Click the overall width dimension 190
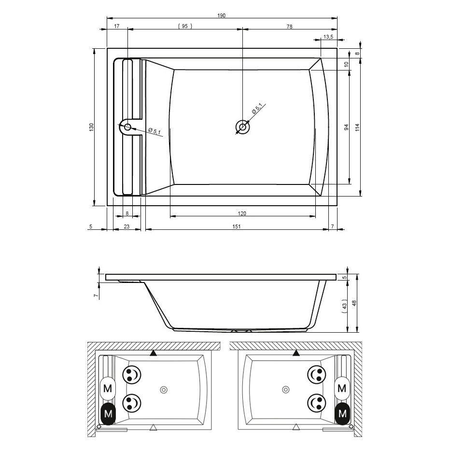[x=222, y=15]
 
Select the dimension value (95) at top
[x=185, y=26]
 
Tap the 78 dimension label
[x=289, y=27]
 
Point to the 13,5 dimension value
[x=328, y=37]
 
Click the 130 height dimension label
[x=91, y=127]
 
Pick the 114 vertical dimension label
[x=357, y=127]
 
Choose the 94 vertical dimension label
[x=347, y=127]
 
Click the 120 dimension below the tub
[x=242, y=213]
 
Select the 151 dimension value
[x=237, y=226]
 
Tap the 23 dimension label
[x=127, y=226]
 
